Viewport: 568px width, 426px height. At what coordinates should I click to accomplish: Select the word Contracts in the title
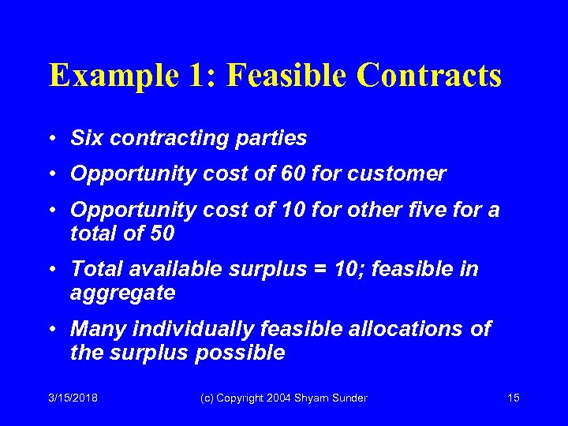point(429,76)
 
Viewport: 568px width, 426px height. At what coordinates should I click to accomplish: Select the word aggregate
point(122,293)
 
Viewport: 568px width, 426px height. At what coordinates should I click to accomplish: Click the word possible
point(238,353)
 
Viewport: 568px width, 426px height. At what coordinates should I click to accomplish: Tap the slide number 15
point(513,398)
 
